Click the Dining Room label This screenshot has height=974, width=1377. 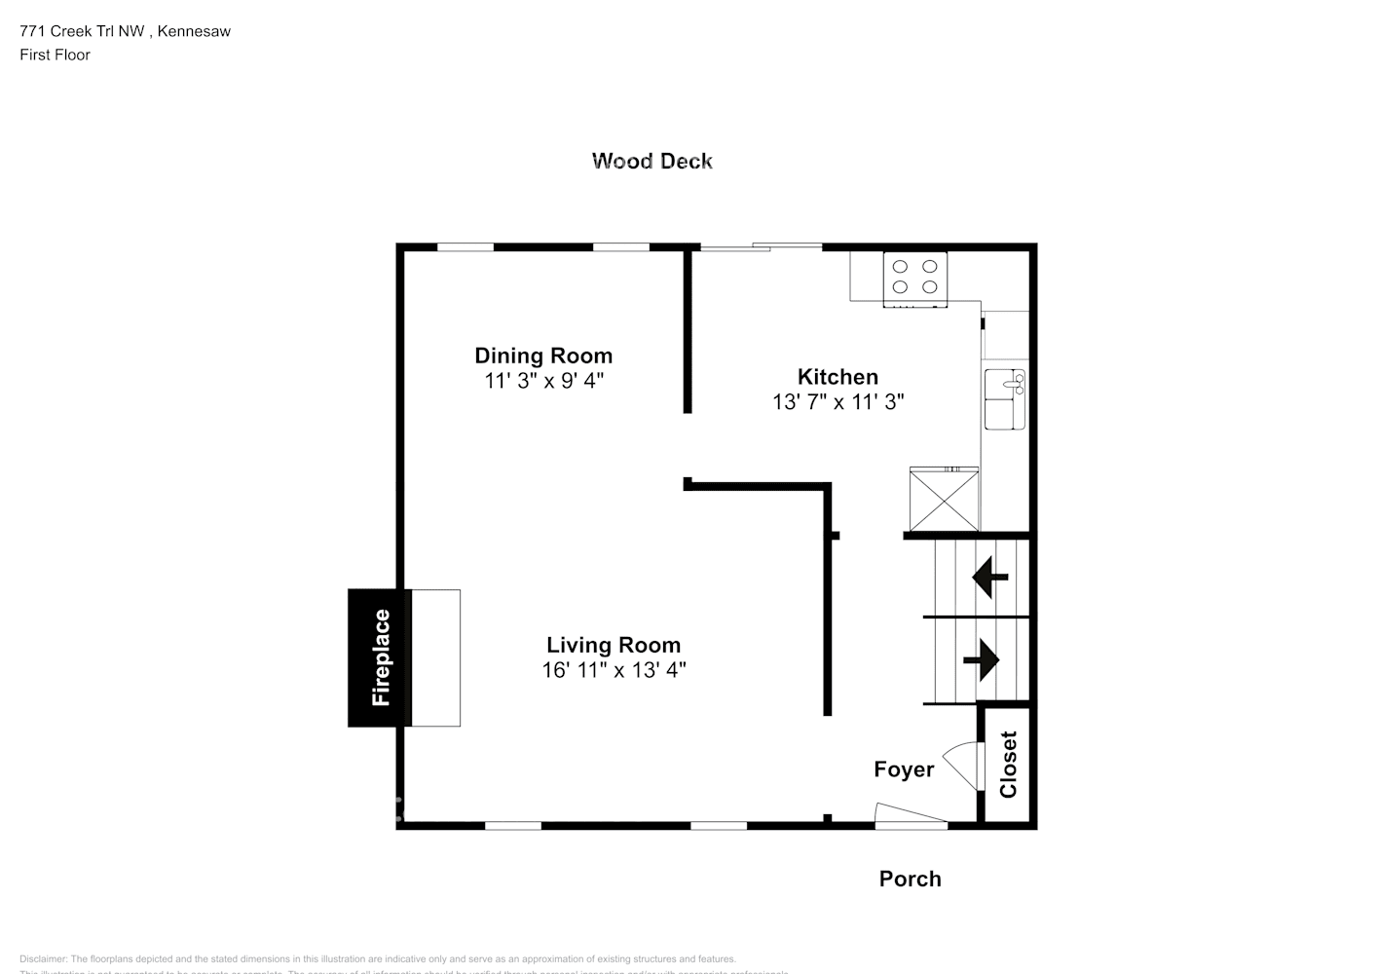[543, 356]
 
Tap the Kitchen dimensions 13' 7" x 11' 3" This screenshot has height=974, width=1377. [837, 401]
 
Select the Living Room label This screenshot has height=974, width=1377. [613, 645]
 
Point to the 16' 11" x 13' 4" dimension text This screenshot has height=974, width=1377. [614, 670]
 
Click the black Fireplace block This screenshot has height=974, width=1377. [380, 657]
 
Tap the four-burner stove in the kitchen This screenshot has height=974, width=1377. [914, 277]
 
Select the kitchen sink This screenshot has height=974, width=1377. [1004, 399]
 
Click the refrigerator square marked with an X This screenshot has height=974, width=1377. [944, 499]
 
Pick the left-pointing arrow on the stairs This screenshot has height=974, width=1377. [989, 577]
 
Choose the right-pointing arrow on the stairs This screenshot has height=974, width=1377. [982, 660]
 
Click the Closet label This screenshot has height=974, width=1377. [1008, 765]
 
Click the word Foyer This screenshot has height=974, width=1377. [904, 769]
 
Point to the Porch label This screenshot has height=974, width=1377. [910, 879]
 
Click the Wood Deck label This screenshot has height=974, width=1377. [651, 161]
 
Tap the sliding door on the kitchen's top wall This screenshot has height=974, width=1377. [761, 247]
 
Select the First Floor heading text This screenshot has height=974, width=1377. [55, 55]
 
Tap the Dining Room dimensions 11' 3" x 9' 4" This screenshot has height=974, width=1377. [543, 381]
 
